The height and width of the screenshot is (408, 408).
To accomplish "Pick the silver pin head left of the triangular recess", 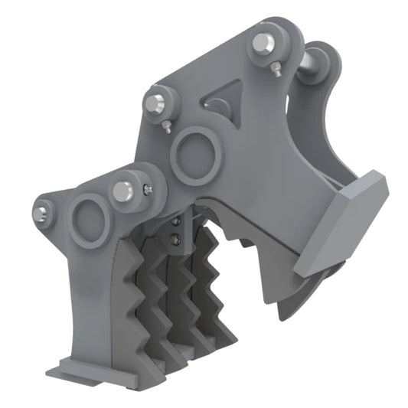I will (158, 103).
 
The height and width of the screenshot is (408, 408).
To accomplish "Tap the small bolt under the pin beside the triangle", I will (167, 127).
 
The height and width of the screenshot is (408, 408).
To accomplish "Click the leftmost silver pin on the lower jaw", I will (43, 209).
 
